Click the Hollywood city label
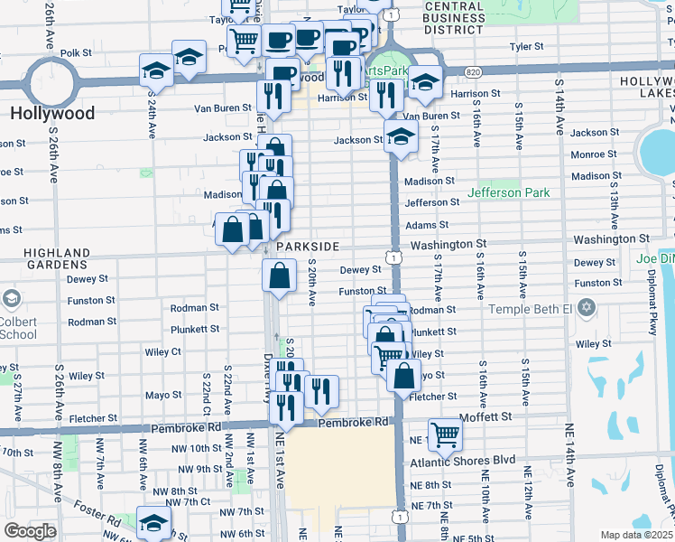52,113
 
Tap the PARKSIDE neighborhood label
308,246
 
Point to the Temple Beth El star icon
587,309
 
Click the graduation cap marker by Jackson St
400,137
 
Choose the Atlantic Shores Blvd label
462,460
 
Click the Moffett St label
486,416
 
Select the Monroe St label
593,154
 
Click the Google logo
30,531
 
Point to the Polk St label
77,53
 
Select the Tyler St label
526,45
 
